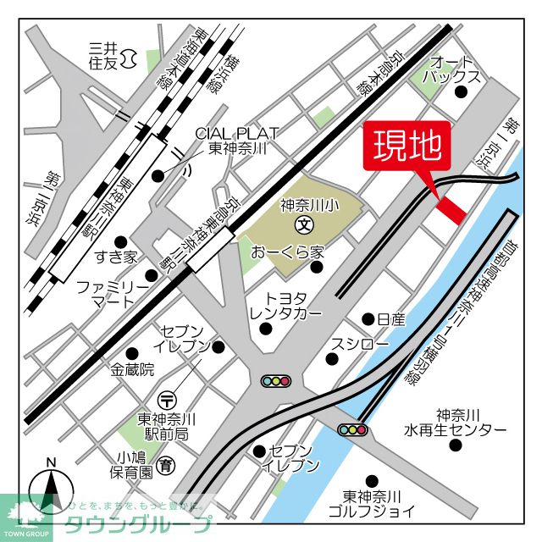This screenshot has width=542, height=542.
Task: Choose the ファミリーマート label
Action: point(113,294)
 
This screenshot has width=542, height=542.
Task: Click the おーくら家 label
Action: point(288,252)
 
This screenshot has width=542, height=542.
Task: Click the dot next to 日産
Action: point(368,319)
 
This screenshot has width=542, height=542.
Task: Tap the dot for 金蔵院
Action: point(131,352)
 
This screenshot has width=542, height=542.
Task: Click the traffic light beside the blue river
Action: point(353,430)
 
